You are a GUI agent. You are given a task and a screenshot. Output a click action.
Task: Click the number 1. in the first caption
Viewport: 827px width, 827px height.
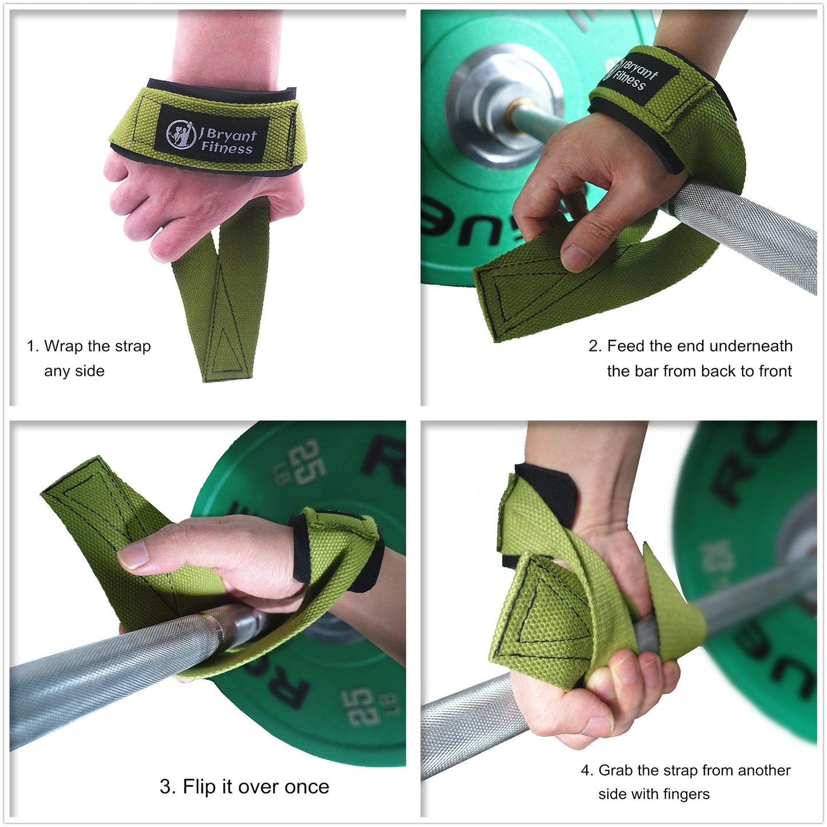tap(33, 346)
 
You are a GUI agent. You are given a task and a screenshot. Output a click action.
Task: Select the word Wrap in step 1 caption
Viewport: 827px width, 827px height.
tap(63, 346)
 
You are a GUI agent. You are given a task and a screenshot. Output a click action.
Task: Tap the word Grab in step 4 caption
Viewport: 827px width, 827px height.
tap(615, 770)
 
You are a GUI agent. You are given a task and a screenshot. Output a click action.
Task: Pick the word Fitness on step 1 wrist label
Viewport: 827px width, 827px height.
tap(227, 148)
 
